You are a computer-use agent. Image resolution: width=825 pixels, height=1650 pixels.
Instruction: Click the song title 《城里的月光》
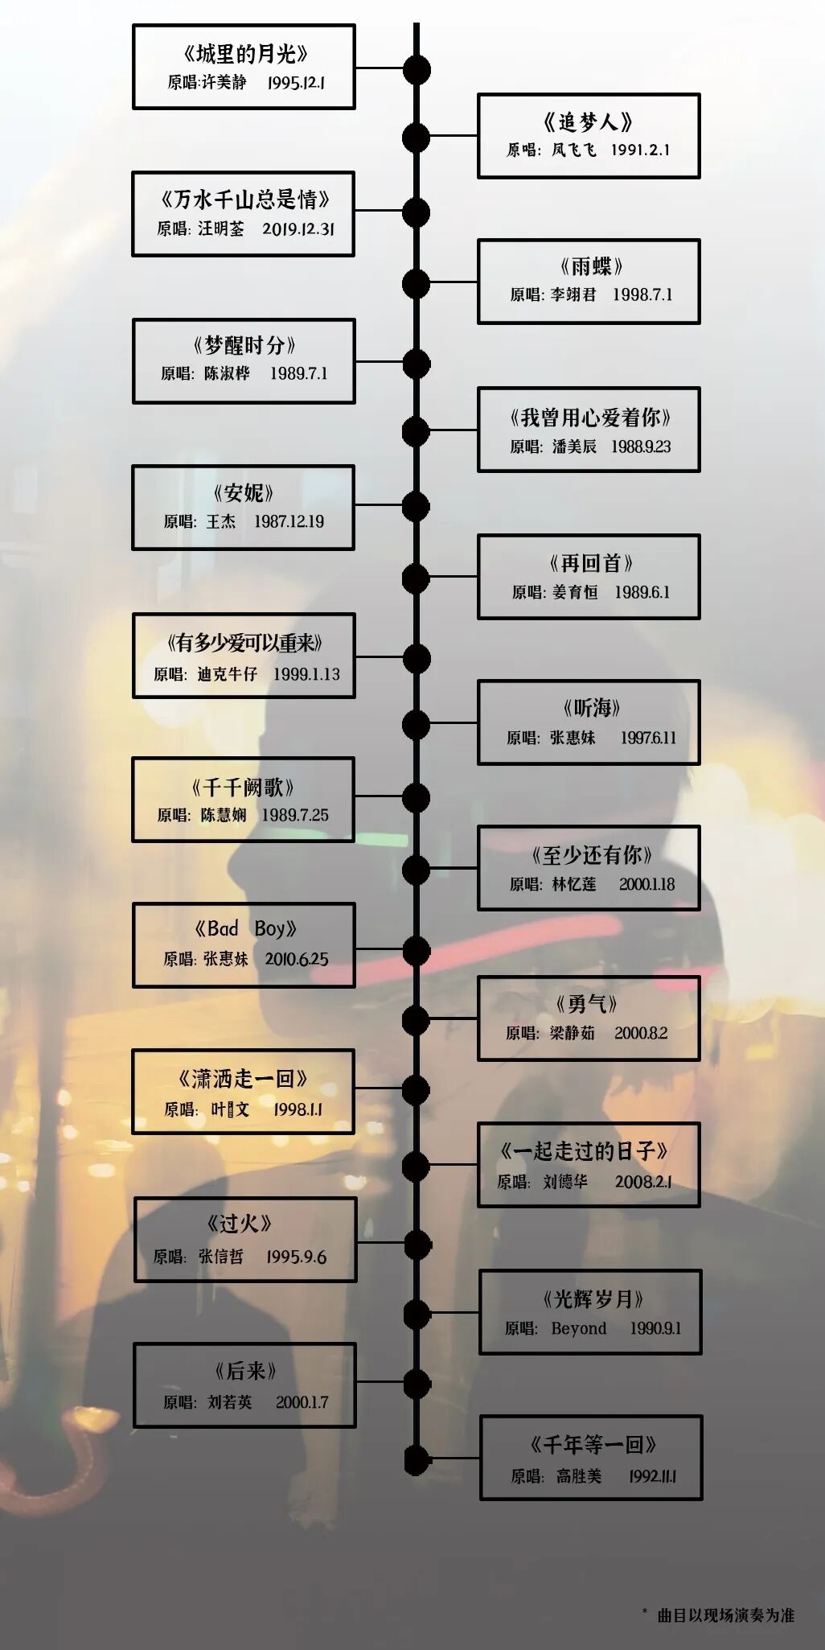(x=244, y=54)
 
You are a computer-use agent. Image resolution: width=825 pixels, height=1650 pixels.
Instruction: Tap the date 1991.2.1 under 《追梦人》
(x=640, y=150)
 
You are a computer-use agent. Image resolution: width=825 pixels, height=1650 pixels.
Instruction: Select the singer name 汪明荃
(x=221, y=228)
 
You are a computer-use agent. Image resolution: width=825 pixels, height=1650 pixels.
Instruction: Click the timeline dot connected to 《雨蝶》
(x=416, y=284)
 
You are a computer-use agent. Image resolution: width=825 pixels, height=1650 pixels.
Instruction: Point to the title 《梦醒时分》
(x=244, y=345)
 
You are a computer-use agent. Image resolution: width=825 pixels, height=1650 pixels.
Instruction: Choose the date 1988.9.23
(x=641, y=446)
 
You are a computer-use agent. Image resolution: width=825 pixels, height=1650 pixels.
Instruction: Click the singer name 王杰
(x=221, y=521)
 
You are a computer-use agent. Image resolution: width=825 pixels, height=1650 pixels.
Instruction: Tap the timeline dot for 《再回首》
(x=416, y=578)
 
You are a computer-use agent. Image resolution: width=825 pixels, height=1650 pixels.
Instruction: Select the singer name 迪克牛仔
(x=228, y=674)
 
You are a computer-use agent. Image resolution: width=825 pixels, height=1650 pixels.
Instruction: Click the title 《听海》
(x=591, y=708)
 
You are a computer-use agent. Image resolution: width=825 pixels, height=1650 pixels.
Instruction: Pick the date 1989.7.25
(x=295, y=815)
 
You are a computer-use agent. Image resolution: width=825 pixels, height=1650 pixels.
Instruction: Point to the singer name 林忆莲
(x=574, y=884)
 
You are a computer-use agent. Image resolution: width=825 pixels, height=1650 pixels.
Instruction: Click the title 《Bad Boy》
(x=245, y=928)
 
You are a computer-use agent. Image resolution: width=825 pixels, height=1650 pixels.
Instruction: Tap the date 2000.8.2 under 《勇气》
(x=641, y=1033)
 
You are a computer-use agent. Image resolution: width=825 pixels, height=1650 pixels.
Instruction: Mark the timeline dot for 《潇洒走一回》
(x=416, y=1090)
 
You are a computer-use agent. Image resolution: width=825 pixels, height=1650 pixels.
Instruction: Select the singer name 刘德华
(x=565, y=1181)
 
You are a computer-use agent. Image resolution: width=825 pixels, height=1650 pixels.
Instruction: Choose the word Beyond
(x=579, y=1328)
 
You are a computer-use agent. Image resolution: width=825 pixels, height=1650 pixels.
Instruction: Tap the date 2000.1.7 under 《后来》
(x=302, y=1402)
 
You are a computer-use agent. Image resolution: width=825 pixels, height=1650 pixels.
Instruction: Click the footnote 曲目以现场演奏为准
(x=726, y=1615)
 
